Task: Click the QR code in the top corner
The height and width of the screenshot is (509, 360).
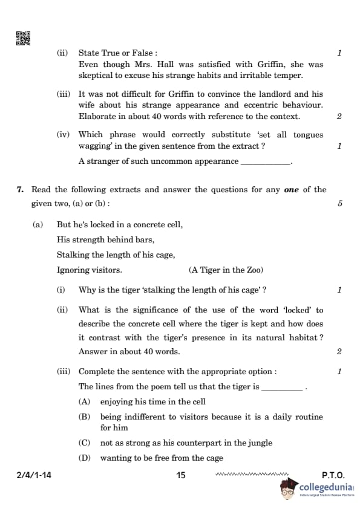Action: (x=23, y=38)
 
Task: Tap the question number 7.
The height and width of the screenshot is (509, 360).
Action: (x=20, y=190)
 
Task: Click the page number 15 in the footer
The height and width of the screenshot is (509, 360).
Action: (x=180, y=476)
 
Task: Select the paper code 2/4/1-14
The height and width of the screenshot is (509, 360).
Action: (x=34, y=476)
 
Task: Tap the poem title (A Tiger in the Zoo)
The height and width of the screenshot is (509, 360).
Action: (x=226, y=270)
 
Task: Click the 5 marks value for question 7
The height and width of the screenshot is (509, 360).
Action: (x=340, y=204)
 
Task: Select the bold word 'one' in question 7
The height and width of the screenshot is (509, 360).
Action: (x=292, y=190)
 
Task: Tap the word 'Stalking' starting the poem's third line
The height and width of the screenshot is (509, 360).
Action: (x=73, y=254)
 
